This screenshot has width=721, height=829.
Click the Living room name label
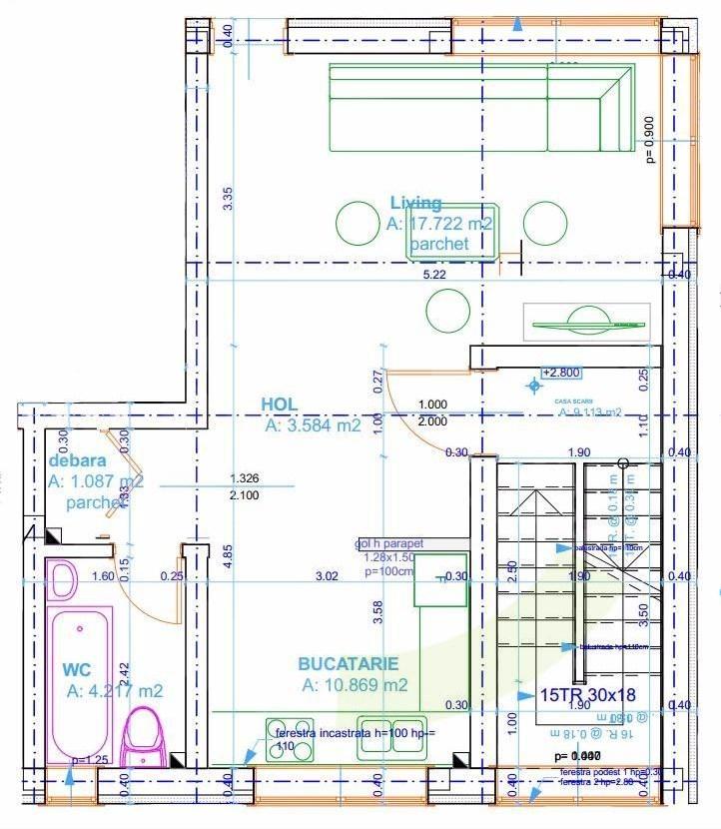click(415, 204)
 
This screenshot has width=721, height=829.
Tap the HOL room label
click(280, 404)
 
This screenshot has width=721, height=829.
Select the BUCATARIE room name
click(348, 663)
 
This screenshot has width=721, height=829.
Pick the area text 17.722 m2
click(439, 224)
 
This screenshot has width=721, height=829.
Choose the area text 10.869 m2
click(355, 685)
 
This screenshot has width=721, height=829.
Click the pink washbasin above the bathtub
click(63, 578)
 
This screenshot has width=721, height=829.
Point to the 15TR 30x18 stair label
click(587, 694)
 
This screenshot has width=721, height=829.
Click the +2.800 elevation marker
click(559, 373)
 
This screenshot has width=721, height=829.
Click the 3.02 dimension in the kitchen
click(327, 575)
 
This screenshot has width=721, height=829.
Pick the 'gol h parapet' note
click(389, 544)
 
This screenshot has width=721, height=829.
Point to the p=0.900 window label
click(650, 139)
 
